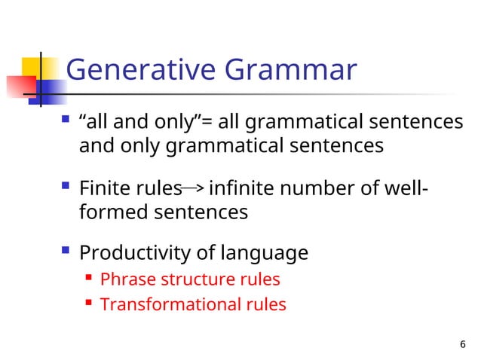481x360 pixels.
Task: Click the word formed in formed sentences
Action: pos(113,212)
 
